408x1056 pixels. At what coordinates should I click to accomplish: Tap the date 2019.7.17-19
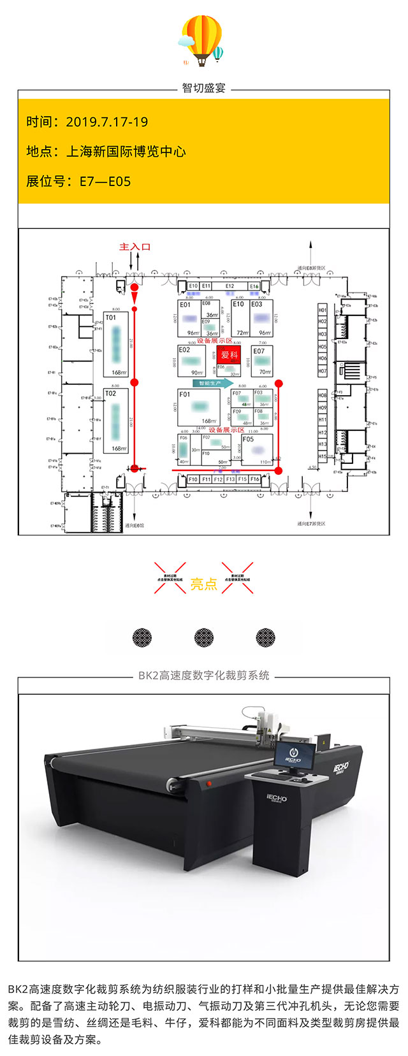[x=106, y=122]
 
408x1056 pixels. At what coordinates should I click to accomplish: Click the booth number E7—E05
[x=105, y=181]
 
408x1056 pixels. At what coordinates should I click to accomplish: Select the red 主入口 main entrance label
[x=135, y=247]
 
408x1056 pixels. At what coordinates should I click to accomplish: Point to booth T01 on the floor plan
[x=116, y=344]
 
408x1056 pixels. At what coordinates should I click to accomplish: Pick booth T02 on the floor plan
[x=116, y=420]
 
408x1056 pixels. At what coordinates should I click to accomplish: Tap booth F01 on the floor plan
[x=198, y=407]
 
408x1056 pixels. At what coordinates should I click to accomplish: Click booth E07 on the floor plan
[x=261, y=361]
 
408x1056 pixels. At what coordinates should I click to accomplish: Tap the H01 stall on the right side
[x=323, y=310]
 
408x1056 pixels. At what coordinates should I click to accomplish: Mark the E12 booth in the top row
[x=230, y=287]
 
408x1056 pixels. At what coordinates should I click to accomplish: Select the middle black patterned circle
[x=204, y=637]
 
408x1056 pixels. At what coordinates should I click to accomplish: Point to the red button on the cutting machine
[x=208, y=782]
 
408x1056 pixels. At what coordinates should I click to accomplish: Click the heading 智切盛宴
[x=204, y=88]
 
